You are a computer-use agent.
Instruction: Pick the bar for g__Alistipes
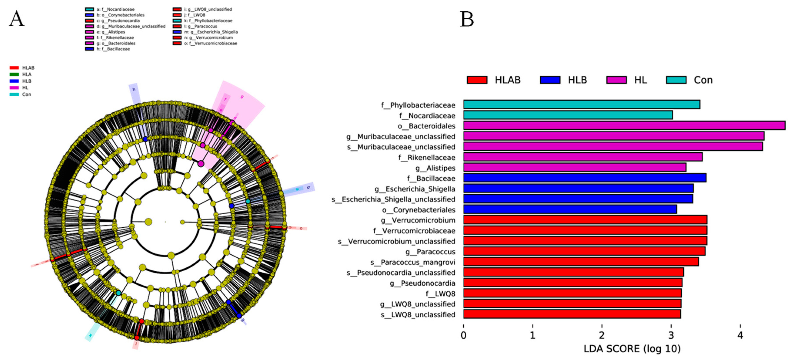(574, 168)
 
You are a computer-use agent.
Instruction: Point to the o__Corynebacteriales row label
(419, 210)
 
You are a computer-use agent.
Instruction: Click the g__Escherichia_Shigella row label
(415, 189)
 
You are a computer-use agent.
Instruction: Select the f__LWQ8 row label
(440, 294)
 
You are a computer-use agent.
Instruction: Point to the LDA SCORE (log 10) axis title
(632, 349)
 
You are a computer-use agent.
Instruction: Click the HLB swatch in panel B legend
(550, 80)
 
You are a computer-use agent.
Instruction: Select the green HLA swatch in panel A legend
(14, 74)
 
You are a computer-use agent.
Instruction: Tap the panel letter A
(17, 19)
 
